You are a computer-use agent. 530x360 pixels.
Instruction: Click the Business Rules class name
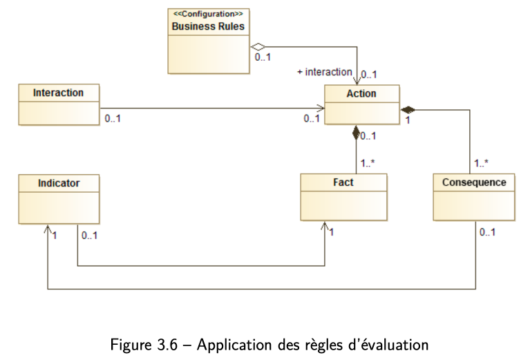208,26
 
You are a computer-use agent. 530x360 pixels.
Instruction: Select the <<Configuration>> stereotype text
208,14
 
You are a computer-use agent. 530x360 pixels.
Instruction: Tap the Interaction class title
58,93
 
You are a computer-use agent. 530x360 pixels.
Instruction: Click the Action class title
361,94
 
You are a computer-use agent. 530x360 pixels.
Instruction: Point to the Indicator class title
59,183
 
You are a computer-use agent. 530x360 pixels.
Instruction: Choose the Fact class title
343,182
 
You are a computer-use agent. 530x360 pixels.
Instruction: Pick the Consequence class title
474,182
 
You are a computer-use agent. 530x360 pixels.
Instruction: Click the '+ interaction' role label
325,72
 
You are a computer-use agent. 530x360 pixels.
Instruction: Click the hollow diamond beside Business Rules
258,47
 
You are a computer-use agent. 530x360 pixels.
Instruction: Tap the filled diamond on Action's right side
408,110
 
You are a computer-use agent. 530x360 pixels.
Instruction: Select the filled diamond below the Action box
356,133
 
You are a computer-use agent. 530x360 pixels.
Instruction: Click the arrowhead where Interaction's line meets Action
321,108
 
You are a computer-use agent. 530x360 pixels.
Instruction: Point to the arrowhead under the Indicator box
48,229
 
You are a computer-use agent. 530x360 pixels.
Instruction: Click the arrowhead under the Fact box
325,227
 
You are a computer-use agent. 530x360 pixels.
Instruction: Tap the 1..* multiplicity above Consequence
481,163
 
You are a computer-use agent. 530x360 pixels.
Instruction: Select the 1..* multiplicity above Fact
368,163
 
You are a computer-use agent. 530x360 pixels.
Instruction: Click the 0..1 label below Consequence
487,232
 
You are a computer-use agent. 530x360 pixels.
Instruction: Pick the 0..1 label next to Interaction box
113,119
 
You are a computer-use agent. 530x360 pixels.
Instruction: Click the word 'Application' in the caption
234,345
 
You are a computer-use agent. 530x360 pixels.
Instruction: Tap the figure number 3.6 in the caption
167,345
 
